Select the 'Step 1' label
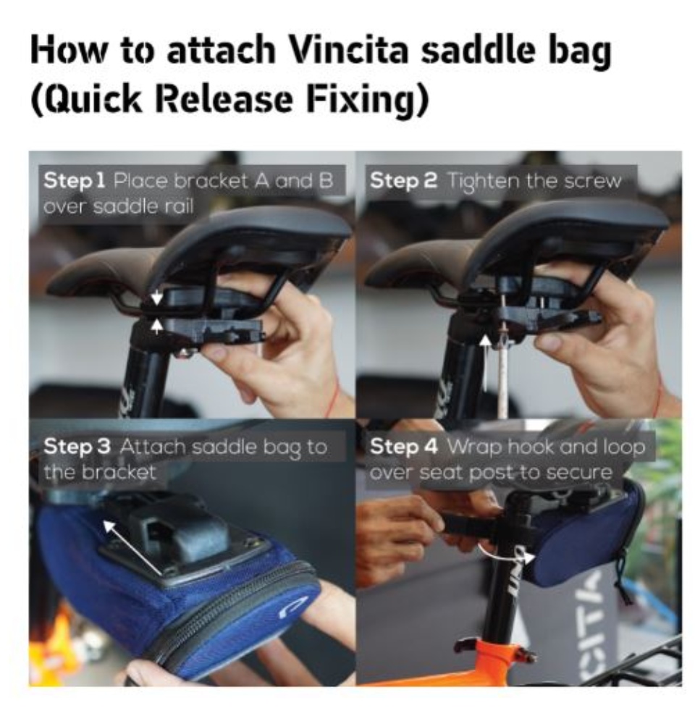[75, 180]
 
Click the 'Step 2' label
[403, 180]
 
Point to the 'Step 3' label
[77, 447]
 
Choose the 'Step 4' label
[404, 447]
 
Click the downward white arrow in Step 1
[157, 297]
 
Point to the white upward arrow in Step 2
[485, 363]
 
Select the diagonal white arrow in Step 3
[132, 548]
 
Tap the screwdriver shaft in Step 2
[502, 369]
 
